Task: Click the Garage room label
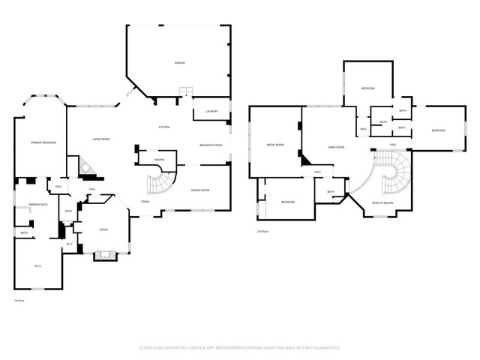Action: click(x=180, y=62)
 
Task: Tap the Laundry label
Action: click(x=211, y=112)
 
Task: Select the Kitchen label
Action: click(x=164, y=127)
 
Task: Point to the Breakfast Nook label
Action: click(x=211, y=144)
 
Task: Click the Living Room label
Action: click(x=102, y=139)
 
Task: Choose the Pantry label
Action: click(x=159, y=159)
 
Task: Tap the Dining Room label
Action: click(x=199, y=190)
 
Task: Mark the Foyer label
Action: click(x=145, y=202)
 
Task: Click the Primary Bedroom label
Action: click(x=43, y=142)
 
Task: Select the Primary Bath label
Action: click(x=39, y=205)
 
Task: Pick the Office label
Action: click(x=104, y=229)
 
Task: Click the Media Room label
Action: click(x=275, y=144)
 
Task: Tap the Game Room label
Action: click(x=336, y=147)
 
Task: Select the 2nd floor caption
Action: click(x=262, y=232)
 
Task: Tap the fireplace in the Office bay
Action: click(x=104, y=256)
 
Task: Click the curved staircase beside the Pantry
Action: click(x=159, y=182)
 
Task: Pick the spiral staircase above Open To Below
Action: click(x=390, y=169)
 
